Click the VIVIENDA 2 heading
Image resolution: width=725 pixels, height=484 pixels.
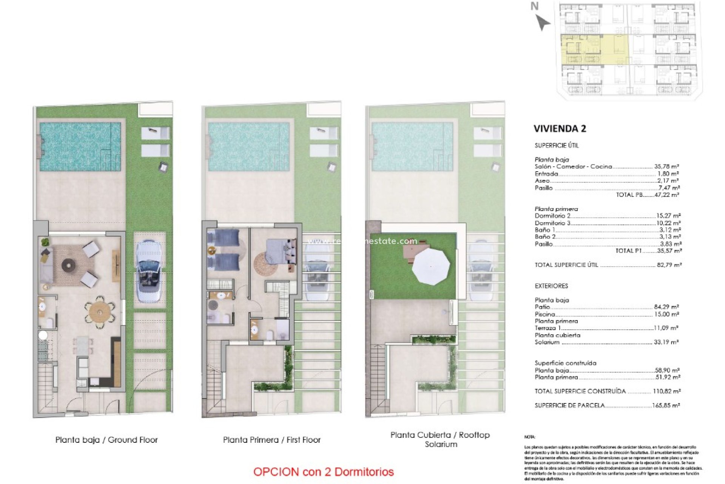[560, 129]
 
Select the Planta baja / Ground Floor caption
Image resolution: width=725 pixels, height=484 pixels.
[106, 440]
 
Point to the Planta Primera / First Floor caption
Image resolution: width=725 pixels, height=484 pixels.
[271, 440]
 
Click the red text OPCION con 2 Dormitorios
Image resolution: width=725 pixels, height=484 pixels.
[323, 472]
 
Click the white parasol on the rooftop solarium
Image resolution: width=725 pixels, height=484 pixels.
[431, 265]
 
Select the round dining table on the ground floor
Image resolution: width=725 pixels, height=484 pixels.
[100, 312]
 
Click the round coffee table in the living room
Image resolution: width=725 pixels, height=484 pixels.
[68, 265]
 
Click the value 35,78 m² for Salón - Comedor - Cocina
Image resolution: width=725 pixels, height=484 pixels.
[667, 166]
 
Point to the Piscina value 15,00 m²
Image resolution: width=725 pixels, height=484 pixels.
[666, 314]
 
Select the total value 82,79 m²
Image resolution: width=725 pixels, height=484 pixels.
[669, 265]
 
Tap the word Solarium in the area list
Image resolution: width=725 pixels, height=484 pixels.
[547, 342]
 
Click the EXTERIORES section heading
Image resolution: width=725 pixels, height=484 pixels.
[551, 286]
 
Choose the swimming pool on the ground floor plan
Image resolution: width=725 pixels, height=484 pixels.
[80, 146]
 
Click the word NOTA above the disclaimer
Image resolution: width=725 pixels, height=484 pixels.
[530, 437]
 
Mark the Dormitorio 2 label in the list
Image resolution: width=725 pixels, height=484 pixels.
[552, 216]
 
